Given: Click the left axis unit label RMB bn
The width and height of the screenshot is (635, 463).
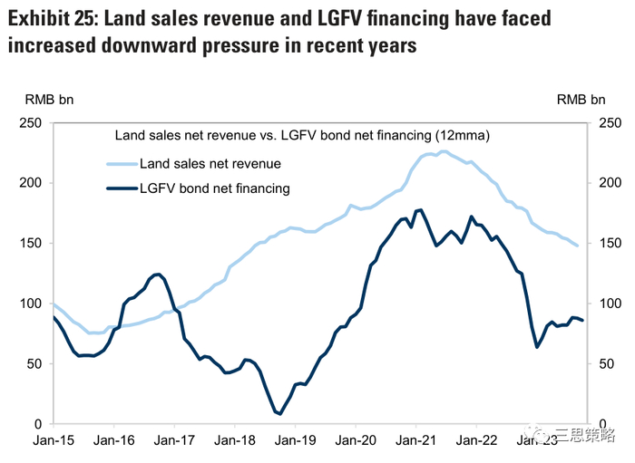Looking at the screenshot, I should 44,100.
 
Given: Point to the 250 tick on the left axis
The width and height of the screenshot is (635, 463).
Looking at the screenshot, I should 33,122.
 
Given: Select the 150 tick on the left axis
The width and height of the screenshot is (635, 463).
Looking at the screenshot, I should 33,243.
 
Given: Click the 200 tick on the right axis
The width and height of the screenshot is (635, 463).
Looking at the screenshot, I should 610,183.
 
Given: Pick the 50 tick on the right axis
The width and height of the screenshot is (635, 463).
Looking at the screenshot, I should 606,363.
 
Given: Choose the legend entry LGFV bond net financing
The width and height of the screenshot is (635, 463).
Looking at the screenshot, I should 215,188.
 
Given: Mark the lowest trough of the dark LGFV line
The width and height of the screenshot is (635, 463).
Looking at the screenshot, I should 279,413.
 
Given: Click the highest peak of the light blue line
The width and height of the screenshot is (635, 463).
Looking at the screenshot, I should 443,151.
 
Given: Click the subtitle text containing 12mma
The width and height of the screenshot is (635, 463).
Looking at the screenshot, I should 302,136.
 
